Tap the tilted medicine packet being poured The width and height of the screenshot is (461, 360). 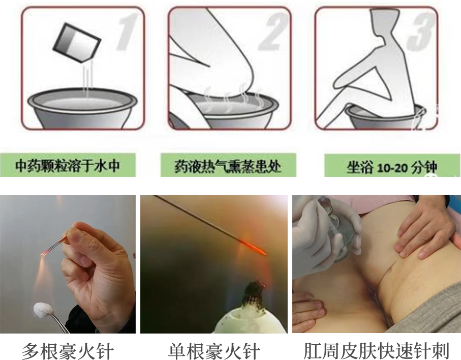(77, 43)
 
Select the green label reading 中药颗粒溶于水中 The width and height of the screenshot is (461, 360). (68, 165)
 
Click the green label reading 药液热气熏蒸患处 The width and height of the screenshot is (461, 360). (228, 166)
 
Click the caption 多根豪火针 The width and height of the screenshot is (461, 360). (68, 350)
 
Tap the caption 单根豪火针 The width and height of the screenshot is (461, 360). (214, 350)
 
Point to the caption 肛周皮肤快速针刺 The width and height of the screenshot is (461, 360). (376, 350)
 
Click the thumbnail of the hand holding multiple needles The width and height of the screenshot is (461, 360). (68, 264)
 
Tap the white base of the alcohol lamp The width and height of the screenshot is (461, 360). (250, 319)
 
